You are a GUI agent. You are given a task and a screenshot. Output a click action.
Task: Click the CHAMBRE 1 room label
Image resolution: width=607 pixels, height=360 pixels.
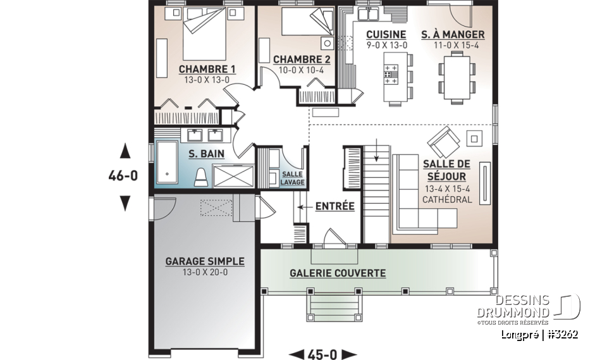coord(207,69)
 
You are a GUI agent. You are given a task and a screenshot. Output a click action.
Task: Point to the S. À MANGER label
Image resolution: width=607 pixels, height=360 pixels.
coord(453,35)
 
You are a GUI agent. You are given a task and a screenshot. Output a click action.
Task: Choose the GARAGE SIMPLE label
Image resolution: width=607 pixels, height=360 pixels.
coord(205,261)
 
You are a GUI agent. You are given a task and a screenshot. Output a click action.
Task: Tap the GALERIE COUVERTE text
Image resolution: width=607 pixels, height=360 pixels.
coord(338,273)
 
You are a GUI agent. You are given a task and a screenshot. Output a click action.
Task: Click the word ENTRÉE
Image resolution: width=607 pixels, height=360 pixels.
coord(334,206)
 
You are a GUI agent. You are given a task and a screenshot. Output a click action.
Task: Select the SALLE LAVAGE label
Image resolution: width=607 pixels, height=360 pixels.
coord(293,178)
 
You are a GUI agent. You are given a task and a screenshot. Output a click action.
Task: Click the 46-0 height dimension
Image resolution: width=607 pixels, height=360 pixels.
coord(123,177)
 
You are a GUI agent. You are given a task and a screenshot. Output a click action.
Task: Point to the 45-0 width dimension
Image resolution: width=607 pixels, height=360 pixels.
coord(322,354)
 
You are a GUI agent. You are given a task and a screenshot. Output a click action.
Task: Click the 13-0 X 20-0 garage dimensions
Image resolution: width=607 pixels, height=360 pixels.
coord(205,273)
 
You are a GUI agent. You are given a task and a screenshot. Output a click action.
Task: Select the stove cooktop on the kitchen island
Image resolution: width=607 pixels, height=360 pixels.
coord(390,74)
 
